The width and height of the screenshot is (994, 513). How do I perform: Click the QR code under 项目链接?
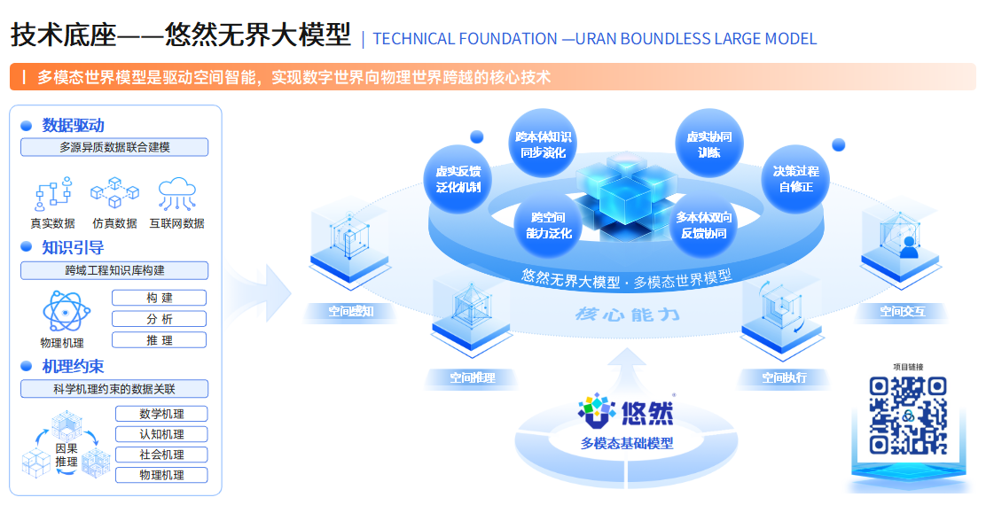(907, 416)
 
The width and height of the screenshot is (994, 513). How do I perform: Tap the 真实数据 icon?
(52, 193)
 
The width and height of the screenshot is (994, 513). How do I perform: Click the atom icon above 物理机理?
(62, 311)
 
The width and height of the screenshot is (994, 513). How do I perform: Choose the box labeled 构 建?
(160, 298)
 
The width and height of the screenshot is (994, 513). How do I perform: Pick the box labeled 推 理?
(160, 340)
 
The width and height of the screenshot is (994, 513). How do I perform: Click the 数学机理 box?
(161, 414)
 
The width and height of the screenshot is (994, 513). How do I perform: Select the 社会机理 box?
(161, 455)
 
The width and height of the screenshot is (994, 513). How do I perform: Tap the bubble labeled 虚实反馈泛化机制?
(458, 179)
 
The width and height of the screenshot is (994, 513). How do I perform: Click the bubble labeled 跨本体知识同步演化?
(544, 144)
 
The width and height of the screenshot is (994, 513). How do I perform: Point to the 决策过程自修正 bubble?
(795, 179)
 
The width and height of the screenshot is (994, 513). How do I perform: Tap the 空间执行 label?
(785, 378)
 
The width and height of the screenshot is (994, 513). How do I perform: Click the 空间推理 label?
(473, 378)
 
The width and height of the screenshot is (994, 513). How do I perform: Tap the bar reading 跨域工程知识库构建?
(114, 270)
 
